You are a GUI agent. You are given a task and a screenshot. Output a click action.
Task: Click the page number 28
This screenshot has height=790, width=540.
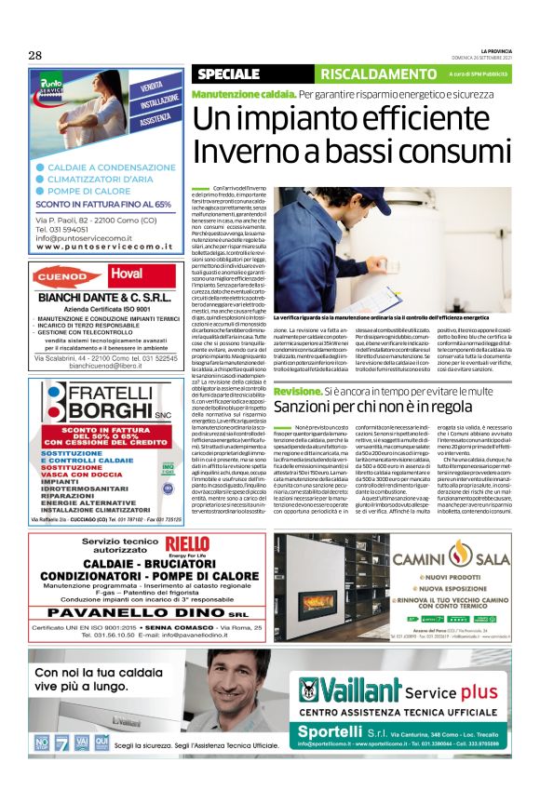click(x=34, y=55)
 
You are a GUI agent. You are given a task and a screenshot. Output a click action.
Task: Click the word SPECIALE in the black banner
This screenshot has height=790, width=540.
click(x=229, y=74)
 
